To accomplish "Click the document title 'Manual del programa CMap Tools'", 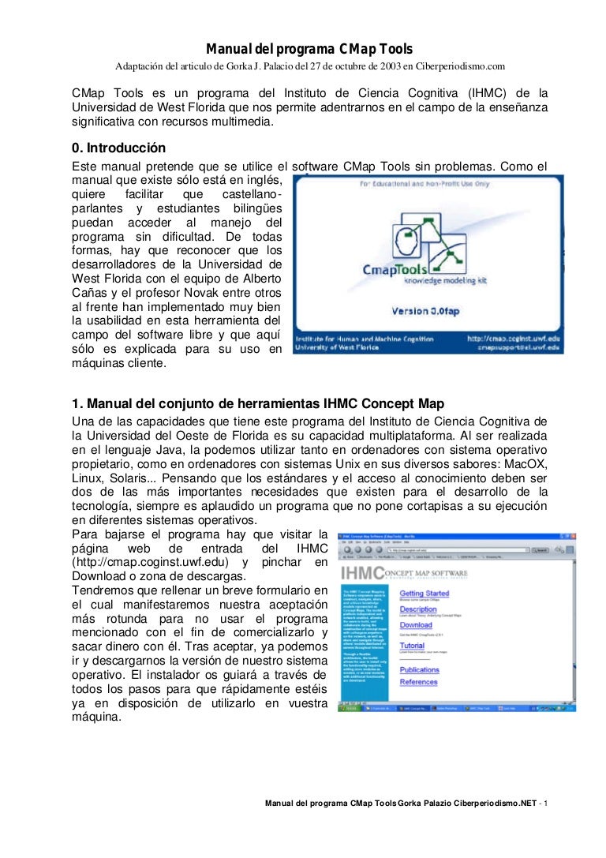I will point(309,49).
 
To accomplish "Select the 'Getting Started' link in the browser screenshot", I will point(424,593).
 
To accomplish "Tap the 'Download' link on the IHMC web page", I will point(415,624).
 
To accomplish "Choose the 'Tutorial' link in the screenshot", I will point(412,646).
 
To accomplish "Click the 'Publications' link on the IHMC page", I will point(419,669).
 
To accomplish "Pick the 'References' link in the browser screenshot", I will point(418,682).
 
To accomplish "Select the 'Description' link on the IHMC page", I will point(417,609).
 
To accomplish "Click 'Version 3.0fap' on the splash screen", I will point(426,312).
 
